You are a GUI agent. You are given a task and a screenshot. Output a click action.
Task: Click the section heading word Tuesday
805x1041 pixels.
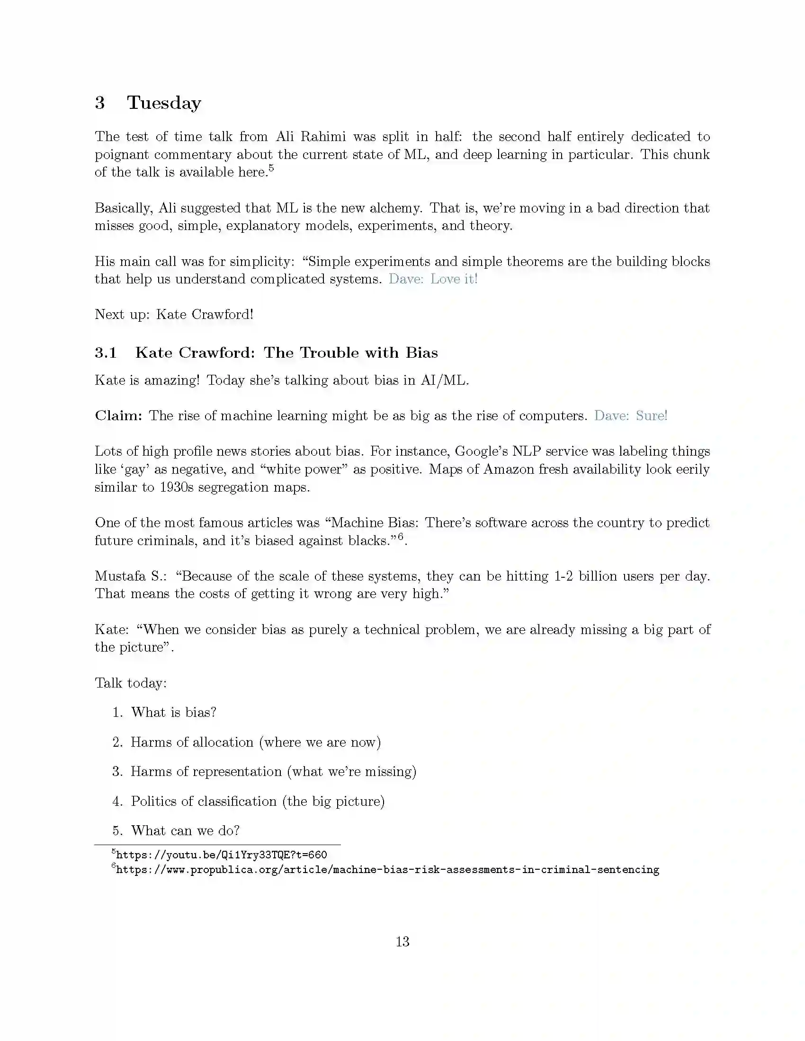164,103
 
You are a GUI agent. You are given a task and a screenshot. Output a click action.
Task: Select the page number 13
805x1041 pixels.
402,941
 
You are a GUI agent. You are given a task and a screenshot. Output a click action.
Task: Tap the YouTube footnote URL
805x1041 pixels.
221,854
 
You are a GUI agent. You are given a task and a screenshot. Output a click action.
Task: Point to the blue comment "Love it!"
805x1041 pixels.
454,279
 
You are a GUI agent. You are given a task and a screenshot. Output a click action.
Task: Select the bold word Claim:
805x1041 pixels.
119,415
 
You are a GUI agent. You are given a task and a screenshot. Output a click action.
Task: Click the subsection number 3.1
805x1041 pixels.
106,353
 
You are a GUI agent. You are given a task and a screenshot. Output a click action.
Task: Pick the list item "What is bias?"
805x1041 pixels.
174,712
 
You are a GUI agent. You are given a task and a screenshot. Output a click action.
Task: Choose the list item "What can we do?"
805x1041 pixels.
185,830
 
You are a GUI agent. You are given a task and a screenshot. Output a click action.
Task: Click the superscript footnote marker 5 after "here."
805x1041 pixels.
271,168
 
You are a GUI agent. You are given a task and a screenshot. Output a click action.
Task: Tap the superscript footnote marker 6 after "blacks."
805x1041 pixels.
401,536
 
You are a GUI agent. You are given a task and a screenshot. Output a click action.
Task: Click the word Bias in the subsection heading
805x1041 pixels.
421,353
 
